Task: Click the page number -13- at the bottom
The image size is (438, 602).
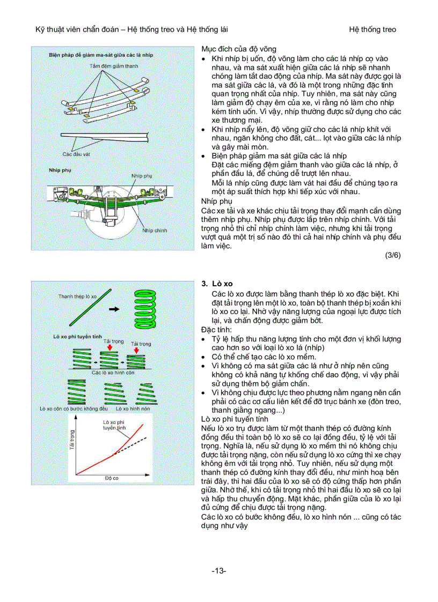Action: coord(218,571)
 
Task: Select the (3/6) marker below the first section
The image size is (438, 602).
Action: coord(393,255)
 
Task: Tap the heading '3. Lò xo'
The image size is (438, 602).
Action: coord(217,284)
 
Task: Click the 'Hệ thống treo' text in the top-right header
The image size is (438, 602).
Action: coord(372,29)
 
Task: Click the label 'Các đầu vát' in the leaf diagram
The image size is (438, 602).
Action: coord(75,154)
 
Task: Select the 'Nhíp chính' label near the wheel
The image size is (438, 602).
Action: coord(155,230)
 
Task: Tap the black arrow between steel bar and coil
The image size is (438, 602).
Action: coord(113,309)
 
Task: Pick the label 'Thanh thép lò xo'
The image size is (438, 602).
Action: coord(77,296)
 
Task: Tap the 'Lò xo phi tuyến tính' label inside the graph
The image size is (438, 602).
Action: coord(114,425)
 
